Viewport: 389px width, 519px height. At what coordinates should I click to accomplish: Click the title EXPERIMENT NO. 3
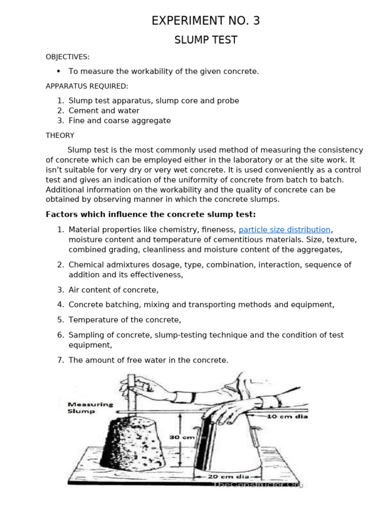click(x=206, y=21)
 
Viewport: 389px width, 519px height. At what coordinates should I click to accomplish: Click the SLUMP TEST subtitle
click(x=206, y=40)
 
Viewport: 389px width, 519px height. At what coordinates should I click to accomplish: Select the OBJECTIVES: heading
click(x=67, y=57)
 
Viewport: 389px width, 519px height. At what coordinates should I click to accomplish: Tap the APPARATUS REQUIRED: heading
click(x=87, y=86)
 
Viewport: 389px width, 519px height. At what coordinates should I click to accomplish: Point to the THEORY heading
click(x=60, y=135)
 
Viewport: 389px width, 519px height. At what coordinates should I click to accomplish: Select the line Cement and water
click(x=104, y=110)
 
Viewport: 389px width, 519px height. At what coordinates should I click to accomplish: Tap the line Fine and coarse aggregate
click(x=120, y=121)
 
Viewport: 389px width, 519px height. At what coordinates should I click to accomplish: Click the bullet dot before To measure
click(x=59, y=71)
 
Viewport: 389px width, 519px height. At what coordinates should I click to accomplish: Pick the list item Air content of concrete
click(x=113, y=290)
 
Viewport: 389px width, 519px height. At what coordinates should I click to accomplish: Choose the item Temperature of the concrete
click(x=125, y=320)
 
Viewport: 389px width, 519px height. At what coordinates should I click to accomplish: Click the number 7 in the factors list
click(x=60, y=360)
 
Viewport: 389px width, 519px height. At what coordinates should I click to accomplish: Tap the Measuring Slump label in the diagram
click(x=90, y=408)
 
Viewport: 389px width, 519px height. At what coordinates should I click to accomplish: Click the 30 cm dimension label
click(x=181, y=436)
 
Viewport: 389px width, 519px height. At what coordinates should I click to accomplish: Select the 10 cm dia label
click(x=287, y=416)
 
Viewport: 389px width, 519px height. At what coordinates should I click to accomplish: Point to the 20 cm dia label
click(x=228, y=476)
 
